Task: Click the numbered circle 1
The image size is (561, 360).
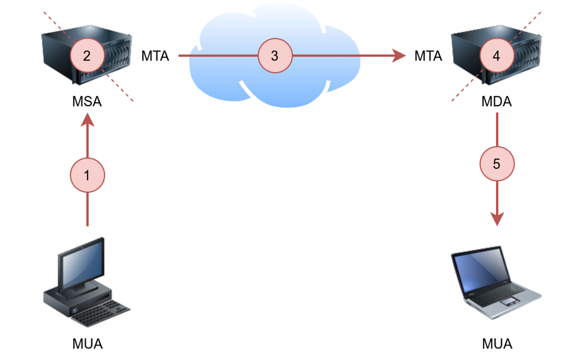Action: point(87,175)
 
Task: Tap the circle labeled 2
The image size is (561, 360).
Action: point(87,56)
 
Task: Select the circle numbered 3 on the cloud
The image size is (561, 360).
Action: point(275,56)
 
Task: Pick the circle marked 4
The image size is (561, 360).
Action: point(496,56)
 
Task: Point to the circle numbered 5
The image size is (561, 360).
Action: point(496,164)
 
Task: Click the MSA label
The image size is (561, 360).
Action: point(87,101)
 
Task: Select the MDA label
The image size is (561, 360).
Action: point(496,101)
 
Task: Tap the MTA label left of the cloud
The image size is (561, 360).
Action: point(155,56)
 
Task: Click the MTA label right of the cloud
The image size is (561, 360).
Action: point(428,56)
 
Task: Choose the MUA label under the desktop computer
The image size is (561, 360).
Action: point(87,344)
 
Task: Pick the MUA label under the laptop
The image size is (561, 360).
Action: point(497,344)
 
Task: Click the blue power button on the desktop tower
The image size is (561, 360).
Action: point(74,310)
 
